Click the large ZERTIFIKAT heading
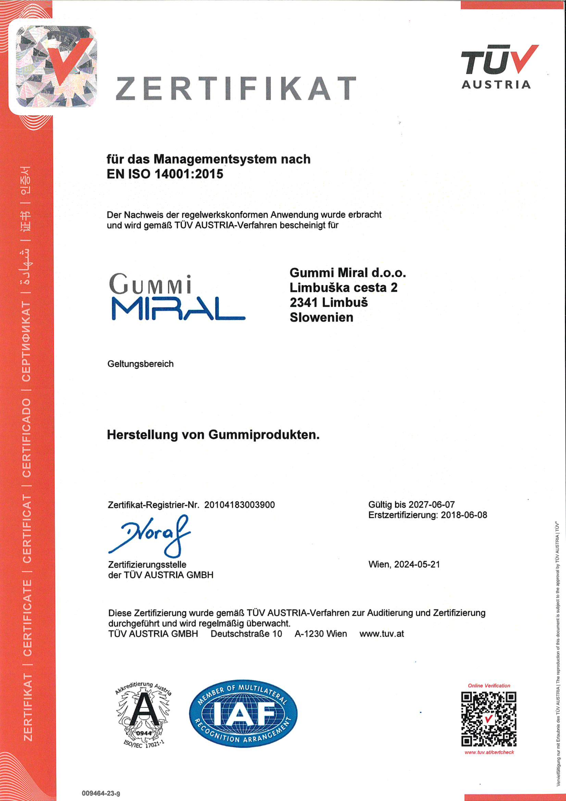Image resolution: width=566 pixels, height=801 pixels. click(x=236, y=88)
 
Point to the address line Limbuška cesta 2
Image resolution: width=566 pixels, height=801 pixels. click(x=343, y=287)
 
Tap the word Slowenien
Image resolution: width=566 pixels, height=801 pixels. click(x=322, y=317)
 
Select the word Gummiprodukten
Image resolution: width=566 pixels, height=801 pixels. click(x=264, y=435)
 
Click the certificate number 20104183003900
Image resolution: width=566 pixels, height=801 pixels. click(x=240, y=505)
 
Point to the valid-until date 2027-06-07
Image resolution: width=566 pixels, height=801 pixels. click(x=432, y=504)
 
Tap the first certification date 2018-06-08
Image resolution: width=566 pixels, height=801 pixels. click(x=464, y=515)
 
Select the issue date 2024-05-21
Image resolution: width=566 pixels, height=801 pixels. click(x=417, y=564)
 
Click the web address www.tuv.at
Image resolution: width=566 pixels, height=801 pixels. click(x=382, y=634)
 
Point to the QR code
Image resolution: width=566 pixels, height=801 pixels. click(x=489, y=719)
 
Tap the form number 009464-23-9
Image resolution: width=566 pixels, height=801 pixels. click(x=101, y=793)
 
